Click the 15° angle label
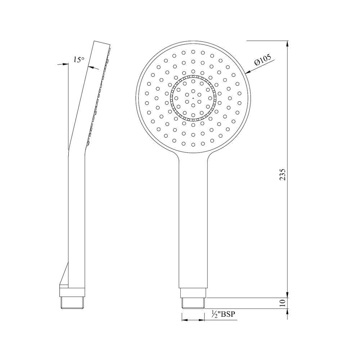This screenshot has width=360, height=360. coord(79,59)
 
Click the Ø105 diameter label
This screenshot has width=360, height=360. coord(262,62)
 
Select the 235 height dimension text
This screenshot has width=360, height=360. coord(283,174)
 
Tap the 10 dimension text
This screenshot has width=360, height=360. coord(283,303)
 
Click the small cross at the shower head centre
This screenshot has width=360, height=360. coord(193,98)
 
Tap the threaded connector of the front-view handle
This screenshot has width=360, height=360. coord(193,303)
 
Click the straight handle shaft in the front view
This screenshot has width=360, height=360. coord(193,223)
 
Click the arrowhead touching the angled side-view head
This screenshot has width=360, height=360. coord(90,67)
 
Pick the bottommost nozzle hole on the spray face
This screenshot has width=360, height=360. coord(193,144)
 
